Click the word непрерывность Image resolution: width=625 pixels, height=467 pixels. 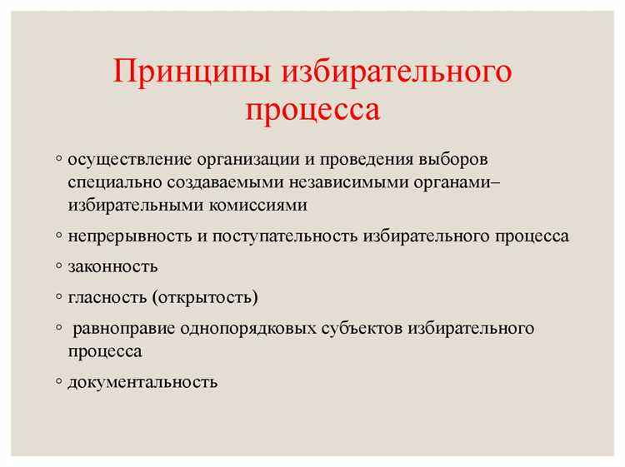(130, 236)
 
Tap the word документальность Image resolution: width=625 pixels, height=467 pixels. (142, 382)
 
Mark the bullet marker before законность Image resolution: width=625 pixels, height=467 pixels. (59, 266)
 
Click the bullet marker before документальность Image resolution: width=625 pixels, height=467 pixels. (59, 381)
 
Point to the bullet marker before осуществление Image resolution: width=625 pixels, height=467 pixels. (59, 157)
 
